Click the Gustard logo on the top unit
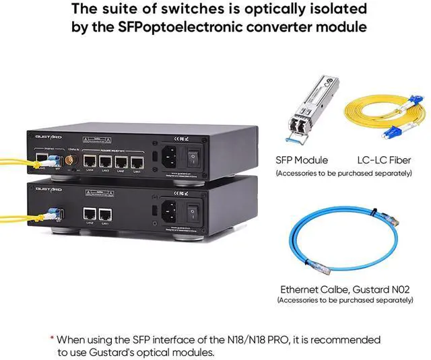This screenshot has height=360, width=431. point(48,137)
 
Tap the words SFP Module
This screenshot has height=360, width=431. point(302,160)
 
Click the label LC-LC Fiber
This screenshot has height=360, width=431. point(384,160)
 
